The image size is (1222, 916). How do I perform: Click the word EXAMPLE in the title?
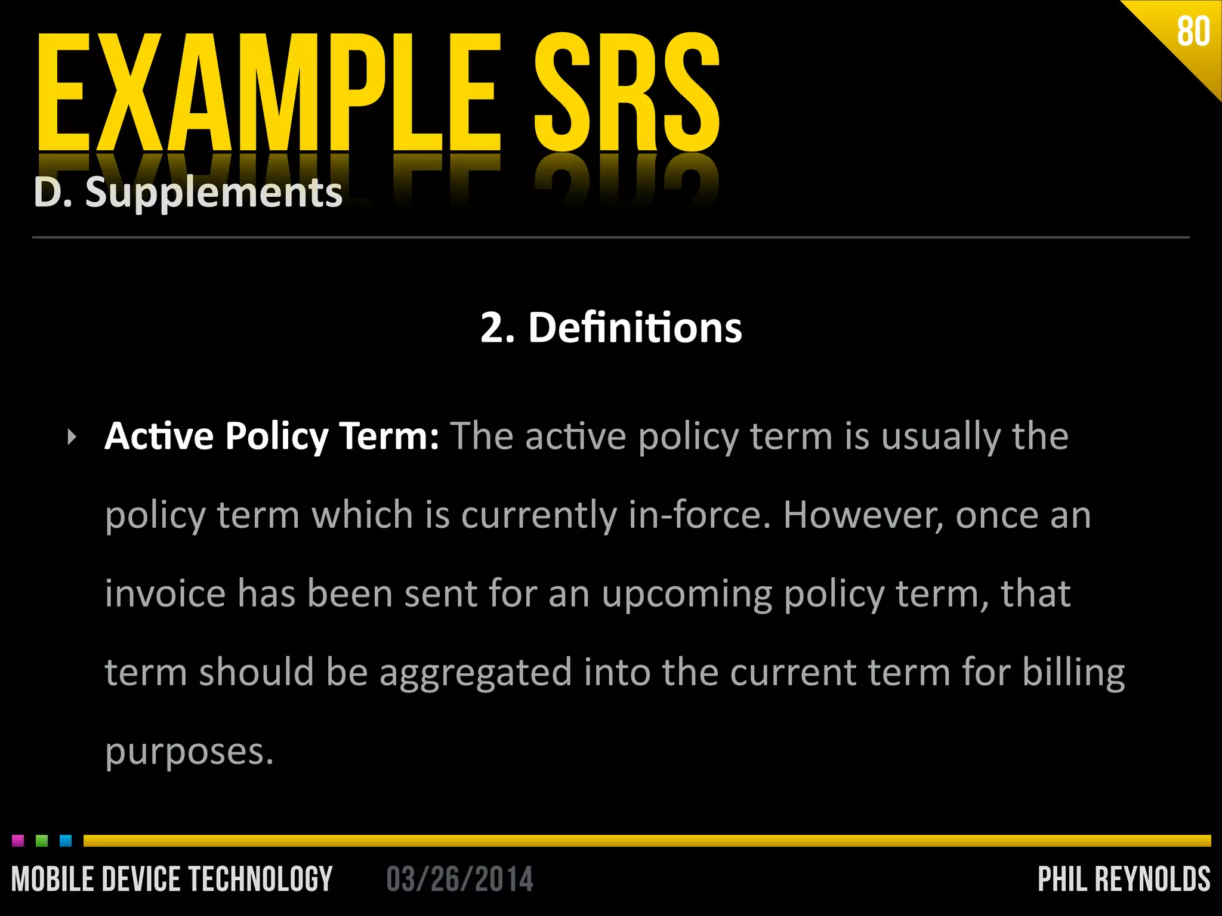269,92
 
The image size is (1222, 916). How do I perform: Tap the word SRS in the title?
627,92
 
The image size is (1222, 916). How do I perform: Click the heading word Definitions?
635,328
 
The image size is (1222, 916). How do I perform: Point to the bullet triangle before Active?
72,437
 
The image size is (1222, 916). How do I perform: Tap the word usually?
940,437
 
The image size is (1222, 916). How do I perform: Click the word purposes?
189,753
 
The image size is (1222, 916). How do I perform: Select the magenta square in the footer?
18,841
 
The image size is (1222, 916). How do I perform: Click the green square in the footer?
42,841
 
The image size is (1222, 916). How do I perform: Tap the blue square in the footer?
66,841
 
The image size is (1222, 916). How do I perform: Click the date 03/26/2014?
459,879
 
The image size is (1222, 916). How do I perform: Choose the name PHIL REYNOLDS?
1124,879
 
